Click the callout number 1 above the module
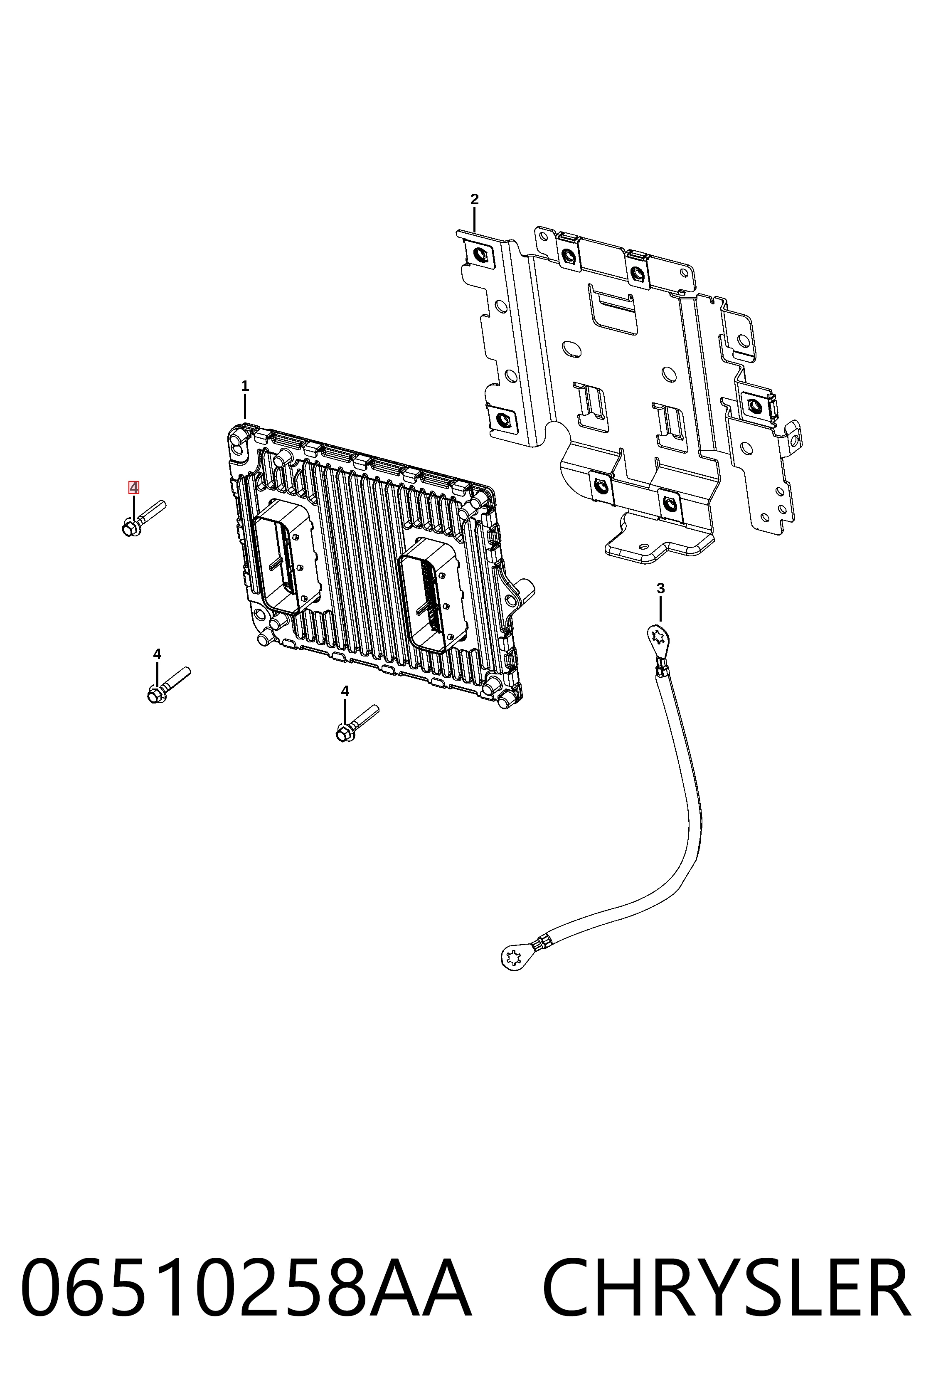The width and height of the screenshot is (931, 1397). pyautogui.click(x=245, y=386)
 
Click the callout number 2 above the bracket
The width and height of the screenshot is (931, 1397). pyautogui.click(x=474, y=200)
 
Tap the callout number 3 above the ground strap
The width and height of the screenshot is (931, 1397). pyautogui.click(x=660, y=588)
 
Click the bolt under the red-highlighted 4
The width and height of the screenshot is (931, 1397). pyautogui.click(x=143, y=518)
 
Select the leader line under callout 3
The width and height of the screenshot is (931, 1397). pyautogui.click(x=660, y=608)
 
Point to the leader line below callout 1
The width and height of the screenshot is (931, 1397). pyautogui.click(x=245, y=407)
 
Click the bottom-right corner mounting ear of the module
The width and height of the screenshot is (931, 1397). pyautogui.click(x=505, y=698)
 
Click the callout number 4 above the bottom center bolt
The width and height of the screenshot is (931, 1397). pyautogui.click(x=345, y=691)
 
